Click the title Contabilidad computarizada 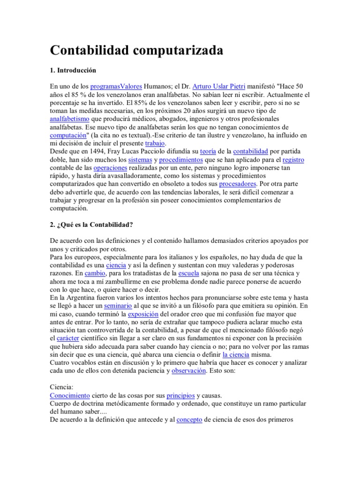[136, 50]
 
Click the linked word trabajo [155, 143]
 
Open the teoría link [208, 151]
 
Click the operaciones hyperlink [110, 168]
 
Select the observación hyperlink [188, 370]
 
